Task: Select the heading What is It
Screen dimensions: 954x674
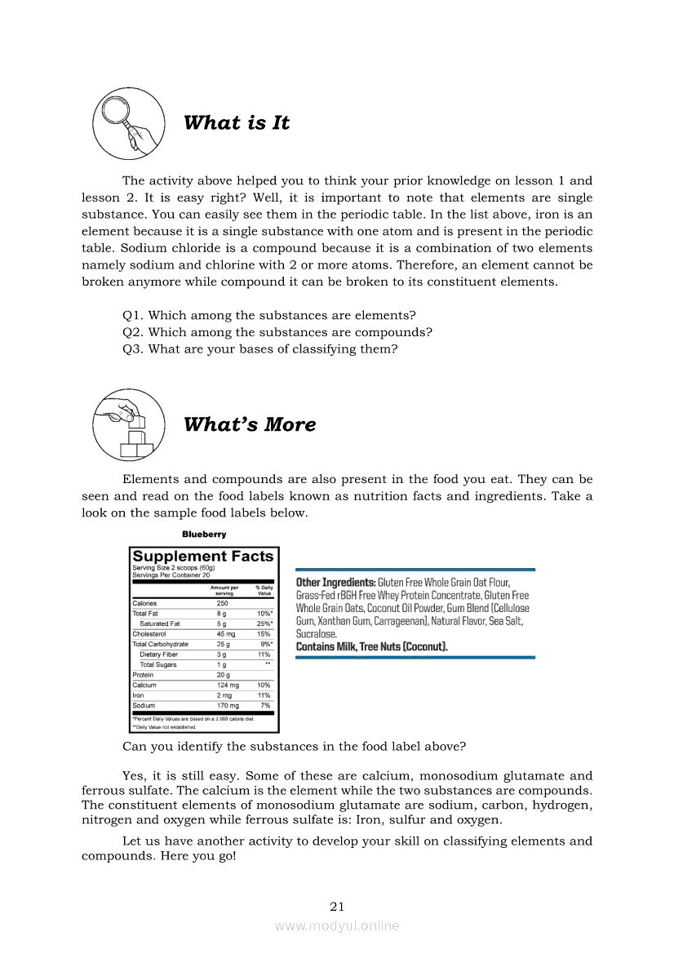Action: (x=237, y=123)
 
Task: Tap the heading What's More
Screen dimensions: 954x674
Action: (x=250, y=424)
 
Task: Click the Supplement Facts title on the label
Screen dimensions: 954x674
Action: (x=203, y=557)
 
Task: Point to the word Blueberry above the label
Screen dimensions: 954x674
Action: (x=204, y=535)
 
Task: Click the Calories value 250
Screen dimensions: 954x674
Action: (x=222, y=603)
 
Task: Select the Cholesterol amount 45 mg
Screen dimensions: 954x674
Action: (x=226, y=633)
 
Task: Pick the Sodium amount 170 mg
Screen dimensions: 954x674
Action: (x=228, y=705)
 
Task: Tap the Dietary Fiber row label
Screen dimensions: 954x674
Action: (x=158, y=654)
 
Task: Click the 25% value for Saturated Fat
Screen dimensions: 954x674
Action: (x=264, y=623)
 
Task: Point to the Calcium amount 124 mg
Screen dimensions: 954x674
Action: (x=228, y=685)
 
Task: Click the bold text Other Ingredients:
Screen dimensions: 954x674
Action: (x=335, y=583)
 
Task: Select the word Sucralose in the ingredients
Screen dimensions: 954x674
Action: (x=316, y=633)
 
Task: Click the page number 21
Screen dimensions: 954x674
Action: (x=337, y=906)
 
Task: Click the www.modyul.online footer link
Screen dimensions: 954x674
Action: (x=337, y=925)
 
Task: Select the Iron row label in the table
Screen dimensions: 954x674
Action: (x=138, y=695)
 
